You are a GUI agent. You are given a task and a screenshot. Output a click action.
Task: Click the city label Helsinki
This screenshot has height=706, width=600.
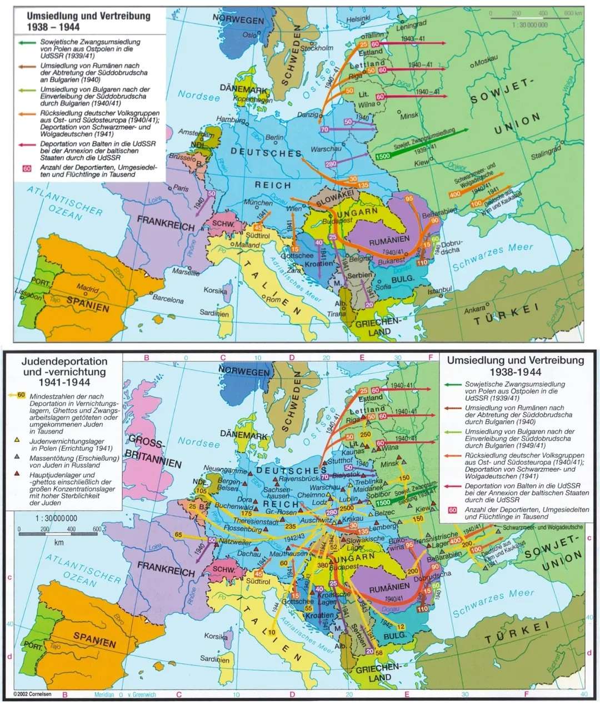[358, 19]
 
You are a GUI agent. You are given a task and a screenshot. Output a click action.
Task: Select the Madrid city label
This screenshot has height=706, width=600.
[88, 289]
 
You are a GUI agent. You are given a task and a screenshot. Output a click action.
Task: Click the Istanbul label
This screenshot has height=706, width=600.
[439, 290]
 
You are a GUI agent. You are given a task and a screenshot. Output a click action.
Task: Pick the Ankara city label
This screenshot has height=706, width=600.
[474, 310]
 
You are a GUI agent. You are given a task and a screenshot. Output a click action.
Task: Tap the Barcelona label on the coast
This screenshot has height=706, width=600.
[168, 299]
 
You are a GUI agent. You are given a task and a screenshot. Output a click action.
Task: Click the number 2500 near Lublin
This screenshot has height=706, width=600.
[347, 508]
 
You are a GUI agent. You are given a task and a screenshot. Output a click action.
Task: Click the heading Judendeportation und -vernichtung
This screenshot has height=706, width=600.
[63, 371]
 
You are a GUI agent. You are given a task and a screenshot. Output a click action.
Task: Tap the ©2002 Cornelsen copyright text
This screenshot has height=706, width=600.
[33, 694]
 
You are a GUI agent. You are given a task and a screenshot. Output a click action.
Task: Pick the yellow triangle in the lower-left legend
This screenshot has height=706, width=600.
[17, 440]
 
